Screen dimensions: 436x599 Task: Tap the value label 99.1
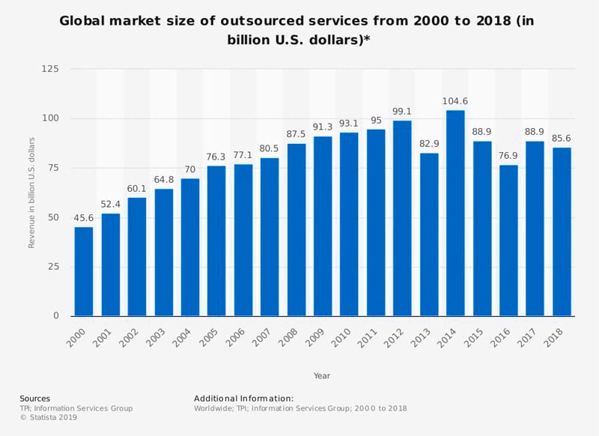pyautogui.click(x=403, y=112)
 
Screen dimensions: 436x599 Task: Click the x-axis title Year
pyautogui.click(x=322, y=375)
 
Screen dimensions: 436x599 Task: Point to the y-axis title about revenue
pyautogui.click(x=32, y=193)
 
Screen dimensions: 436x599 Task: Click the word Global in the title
pyautogui.click(x=85, y=21)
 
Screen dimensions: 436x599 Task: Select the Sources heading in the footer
pyautogui.click(x=34, y=399)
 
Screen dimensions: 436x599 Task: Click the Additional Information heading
pyautogui.click(x=243, y=399)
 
